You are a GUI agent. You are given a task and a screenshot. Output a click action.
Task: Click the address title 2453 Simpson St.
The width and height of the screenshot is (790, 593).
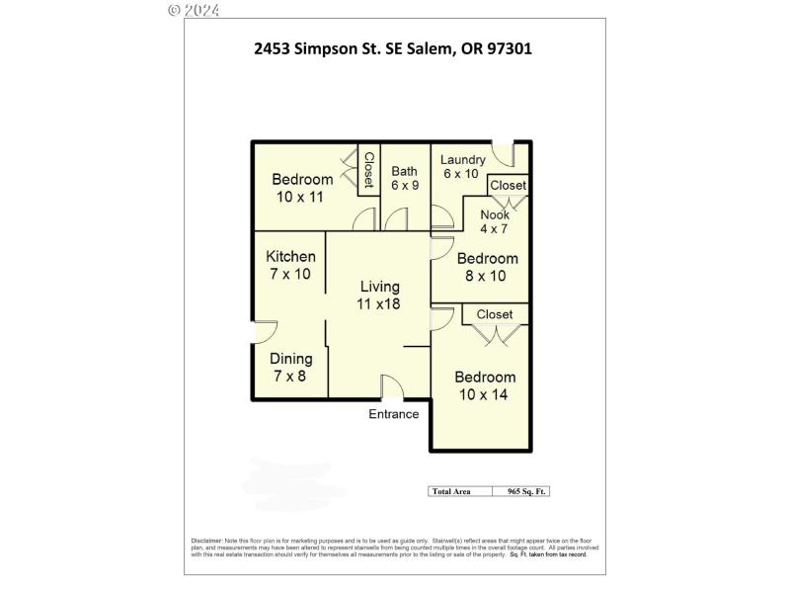[x=393, y=48]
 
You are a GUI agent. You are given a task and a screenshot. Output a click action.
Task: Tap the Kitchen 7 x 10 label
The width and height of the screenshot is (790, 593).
[x=290, y=265]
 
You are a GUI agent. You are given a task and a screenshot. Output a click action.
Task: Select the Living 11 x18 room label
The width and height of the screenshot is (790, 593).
[x=378, y=295]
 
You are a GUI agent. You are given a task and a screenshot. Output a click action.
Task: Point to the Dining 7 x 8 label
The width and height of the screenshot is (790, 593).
[x=290, y=368]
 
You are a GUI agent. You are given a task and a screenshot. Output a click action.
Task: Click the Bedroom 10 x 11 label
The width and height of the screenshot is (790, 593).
[x=302, y=188]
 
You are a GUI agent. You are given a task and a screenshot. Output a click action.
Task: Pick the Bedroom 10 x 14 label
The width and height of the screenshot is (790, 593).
[x=484, y=386]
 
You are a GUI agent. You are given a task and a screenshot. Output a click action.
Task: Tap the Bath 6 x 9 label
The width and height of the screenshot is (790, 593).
[x=404, y=178]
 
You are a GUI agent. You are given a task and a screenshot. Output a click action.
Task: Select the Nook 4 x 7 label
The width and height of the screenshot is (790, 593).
[x=495, y=222]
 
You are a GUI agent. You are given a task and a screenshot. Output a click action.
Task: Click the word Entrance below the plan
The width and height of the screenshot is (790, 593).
[x=394, y=414]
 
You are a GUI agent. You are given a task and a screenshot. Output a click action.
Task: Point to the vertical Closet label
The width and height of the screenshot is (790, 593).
[x=367, y=170]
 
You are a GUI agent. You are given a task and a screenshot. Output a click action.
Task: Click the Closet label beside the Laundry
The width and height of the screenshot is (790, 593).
[x=509, y=185]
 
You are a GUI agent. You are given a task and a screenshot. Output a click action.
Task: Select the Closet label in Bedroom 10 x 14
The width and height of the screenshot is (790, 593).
[x=495, y=314]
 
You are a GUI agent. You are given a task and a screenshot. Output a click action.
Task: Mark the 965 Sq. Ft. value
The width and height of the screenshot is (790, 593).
[x=527, y=491]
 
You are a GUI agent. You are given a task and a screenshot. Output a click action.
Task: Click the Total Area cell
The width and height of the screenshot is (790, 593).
[x=449, y=491]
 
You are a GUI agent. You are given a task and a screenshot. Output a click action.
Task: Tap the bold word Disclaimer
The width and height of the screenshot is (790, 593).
[x=205, y=541]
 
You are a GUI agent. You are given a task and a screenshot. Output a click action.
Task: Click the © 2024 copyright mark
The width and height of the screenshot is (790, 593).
[x=194, y=10]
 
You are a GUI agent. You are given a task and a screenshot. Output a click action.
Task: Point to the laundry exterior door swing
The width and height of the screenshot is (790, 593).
[x=504, y=154]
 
